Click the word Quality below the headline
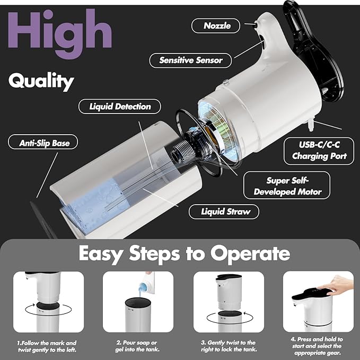[41, 81]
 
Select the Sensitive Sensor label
[191, 60]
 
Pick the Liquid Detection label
[120, 107]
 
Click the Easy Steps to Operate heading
[184, 253]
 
